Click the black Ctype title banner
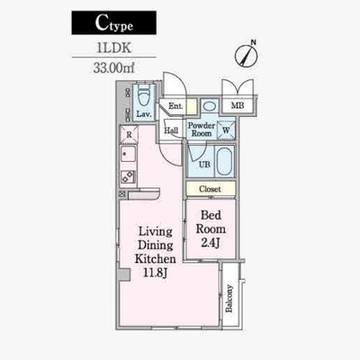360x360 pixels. [x=113, y=22]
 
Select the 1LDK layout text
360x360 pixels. [x=113, y=48]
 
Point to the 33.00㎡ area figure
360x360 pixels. [x=113, y=68]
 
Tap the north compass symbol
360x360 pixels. [x=247, y=54]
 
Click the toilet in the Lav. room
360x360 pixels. [x=144, y=94]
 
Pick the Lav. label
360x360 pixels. [x=144, y=114]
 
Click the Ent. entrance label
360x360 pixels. [x=175, y=106]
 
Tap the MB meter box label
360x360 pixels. [x=238, y=105]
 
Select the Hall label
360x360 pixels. [x=171, y=130]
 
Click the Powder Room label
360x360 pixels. [x=202, y=130]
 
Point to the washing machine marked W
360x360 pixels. [x=226, y=130]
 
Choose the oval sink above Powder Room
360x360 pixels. [x=209, y=106]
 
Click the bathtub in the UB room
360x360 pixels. [x=225, y=161]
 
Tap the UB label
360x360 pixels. [x=204, y=165]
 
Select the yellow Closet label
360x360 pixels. [x=210, y=189]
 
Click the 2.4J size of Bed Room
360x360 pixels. [x=211, y=243]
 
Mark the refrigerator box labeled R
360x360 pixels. [x=129, y=135]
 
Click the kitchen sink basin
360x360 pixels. [x=129, y=155]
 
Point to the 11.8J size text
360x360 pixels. [x=155, y=273]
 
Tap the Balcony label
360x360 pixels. [x=229, y=299]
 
